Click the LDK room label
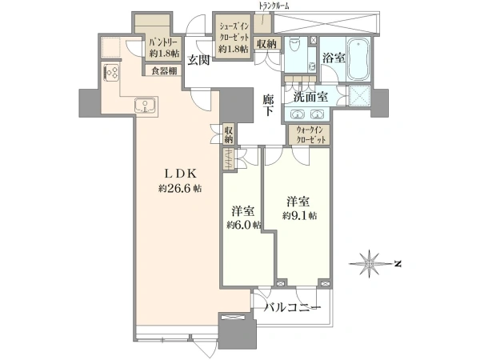pos(180,174)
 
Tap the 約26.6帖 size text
pos(180,189)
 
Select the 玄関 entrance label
pos(198,60)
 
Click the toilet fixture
pos(295,45)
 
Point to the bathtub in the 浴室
pos(359,58)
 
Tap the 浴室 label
pos(334,58)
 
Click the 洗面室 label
pos(310,97)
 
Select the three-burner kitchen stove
pos(112,73)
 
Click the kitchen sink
pos(146,106)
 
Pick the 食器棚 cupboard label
pos(164,71)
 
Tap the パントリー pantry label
pos(164,42)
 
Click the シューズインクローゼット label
pos(234,32)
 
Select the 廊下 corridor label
pos(268,105)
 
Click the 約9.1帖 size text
pos(299,216)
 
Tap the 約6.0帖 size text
pos(244,226)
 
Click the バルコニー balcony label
pos(293,307)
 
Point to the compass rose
pos(370,263)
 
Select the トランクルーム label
pos(274,6)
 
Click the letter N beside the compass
pos(398,263)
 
